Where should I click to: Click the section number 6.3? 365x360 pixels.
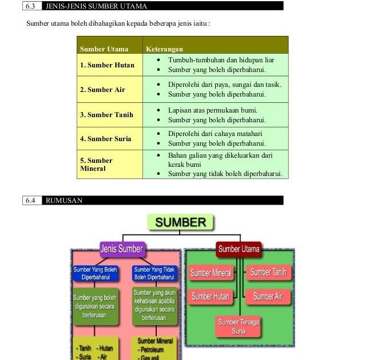pos(30,6)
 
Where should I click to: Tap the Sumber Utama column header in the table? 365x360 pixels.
pos(104,49)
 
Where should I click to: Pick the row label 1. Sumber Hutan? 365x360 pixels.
pos(107,65)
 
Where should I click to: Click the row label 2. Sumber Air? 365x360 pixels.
pos(102,90)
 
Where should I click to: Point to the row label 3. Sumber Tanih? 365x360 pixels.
pos(106,115)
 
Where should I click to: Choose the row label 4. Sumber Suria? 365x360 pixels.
pos(105,139)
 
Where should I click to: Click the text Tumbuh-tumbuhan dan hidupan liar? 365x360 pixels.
pos(221,60)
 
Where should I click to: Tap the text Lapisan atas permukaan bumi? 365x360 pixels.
pos(213,110)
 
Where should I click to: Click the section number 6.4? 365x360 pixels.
pos(30,201)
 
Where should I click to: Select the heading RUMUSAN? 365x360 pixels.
pos(63,201)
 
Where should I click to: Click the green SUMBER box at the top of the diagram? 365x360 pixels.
pos(180,222)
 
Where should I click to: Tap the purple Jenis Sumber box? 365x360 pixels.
pos(122,249)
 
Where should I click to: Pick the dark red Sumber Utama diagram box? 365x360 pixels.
pos(239,249)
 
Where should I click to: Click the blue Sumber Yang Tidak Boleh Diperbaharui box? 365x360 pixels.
pos(155,273)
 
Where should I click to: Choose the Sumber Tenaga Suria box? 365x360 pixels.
pos(239,326)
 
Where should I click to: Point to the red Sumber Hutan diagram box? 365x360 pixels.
pos(211,297)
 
